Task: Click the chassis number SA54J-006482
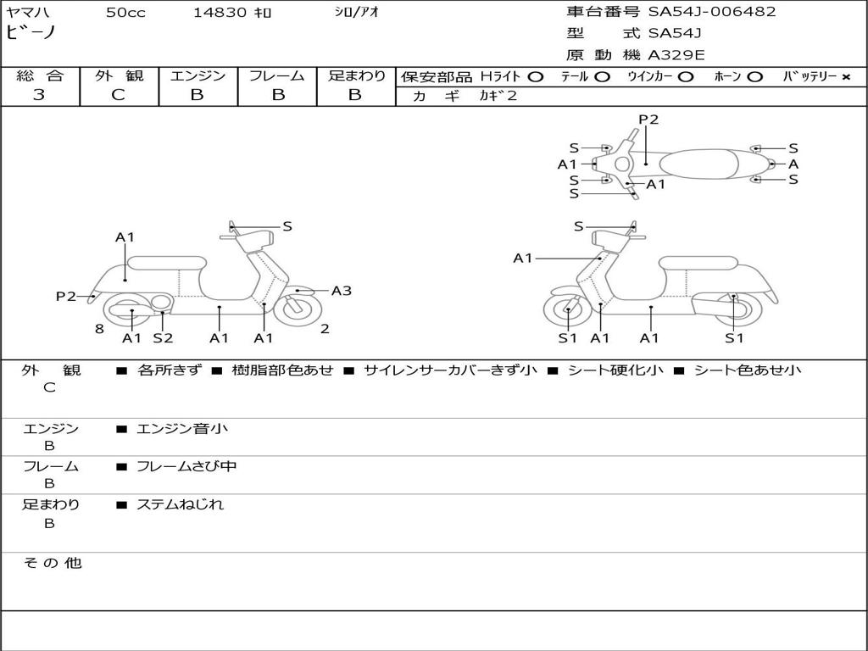(712, 12)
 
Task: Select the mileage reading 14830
(220, 13)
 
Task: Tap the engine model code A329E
(676, 56)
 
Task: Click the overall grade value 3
(39, 95)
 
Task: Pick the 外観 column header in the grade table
(119, 76)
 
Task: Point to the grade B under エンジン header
(197, 95)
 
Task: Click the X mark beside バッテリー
(845, 77)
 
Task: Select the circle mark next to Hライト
(535, 77)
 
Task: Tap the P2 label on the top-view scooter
(648, 120)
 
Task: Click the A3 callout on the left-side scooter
(341, 291)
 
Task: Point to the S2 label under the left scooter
(163, 338)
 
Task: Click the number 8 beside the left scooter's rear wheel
(99, 329)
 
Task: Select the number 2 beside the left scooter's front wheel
(325, 329)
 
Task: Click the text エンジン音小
(182, 429)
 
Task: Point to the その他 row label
(53, 563)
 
